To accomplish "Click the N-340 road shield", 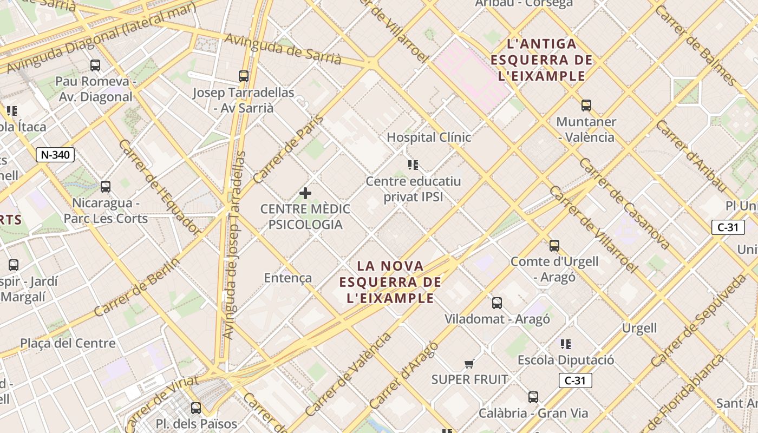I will coord(55,155).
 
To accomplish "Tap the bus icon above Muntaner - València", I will coord(586,106).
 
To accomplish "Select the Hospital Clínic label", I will coord(429,137).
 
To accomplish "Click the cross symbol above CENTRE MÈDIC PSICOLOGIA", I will coord(305,193).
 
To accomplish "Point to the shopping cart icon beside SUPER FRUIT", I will coord(469,364).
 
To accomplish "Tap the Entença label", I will coord(287,278).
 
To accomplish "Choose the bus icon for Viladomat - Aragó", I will coord(497,303).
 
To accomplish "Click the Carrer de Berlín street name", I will coord(136,287).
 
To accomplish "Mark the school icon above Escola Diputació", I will coord(566,344).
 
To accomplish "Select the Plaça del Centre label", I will coord(68,343).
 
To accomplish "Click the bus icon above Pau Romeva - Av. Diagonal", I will coord(95,65).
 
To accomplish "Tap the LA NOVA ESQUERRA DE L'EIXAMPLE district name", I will coord(390,281).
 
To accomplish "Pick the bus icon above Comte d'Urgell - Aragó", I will coord(554,246).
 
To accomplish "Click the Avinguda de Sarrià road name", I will coord(283,49).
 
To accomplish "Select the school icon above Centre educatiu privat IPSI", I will coord(413,165).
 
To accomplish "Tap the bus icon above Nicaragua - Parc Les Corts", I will coord(106,187).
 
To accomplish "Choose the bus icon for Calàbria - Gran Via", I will coord(533,397).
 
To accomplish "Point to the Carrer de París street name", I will coord(288,149).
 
